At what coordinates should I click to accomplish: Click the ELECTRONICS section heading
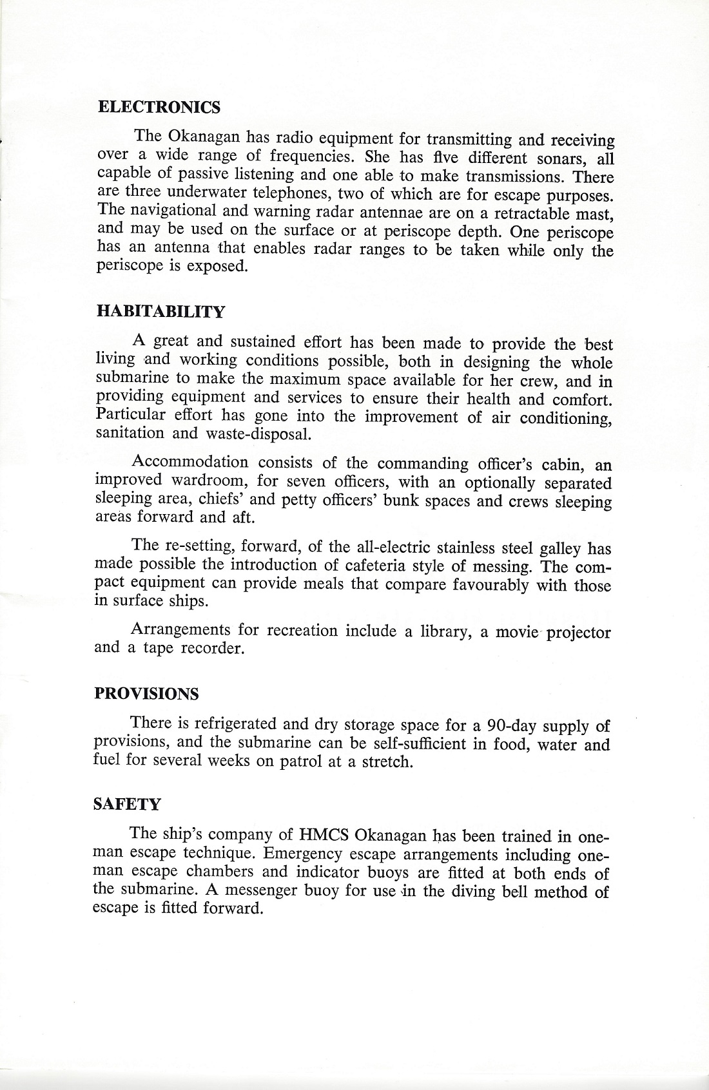click(x=159, y=108)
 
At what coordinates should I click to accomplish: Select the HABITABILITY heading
click(x=160, y=312)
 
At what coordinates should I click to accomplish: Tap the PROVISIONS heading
click(x=146, y=694)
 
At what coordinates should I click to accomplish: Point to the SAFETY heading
click(x=127, y=805)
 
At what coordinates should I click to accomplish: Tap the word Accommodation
click(x=189, y=462)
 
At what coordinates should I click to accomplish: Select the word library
click(x=444, y=631)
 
